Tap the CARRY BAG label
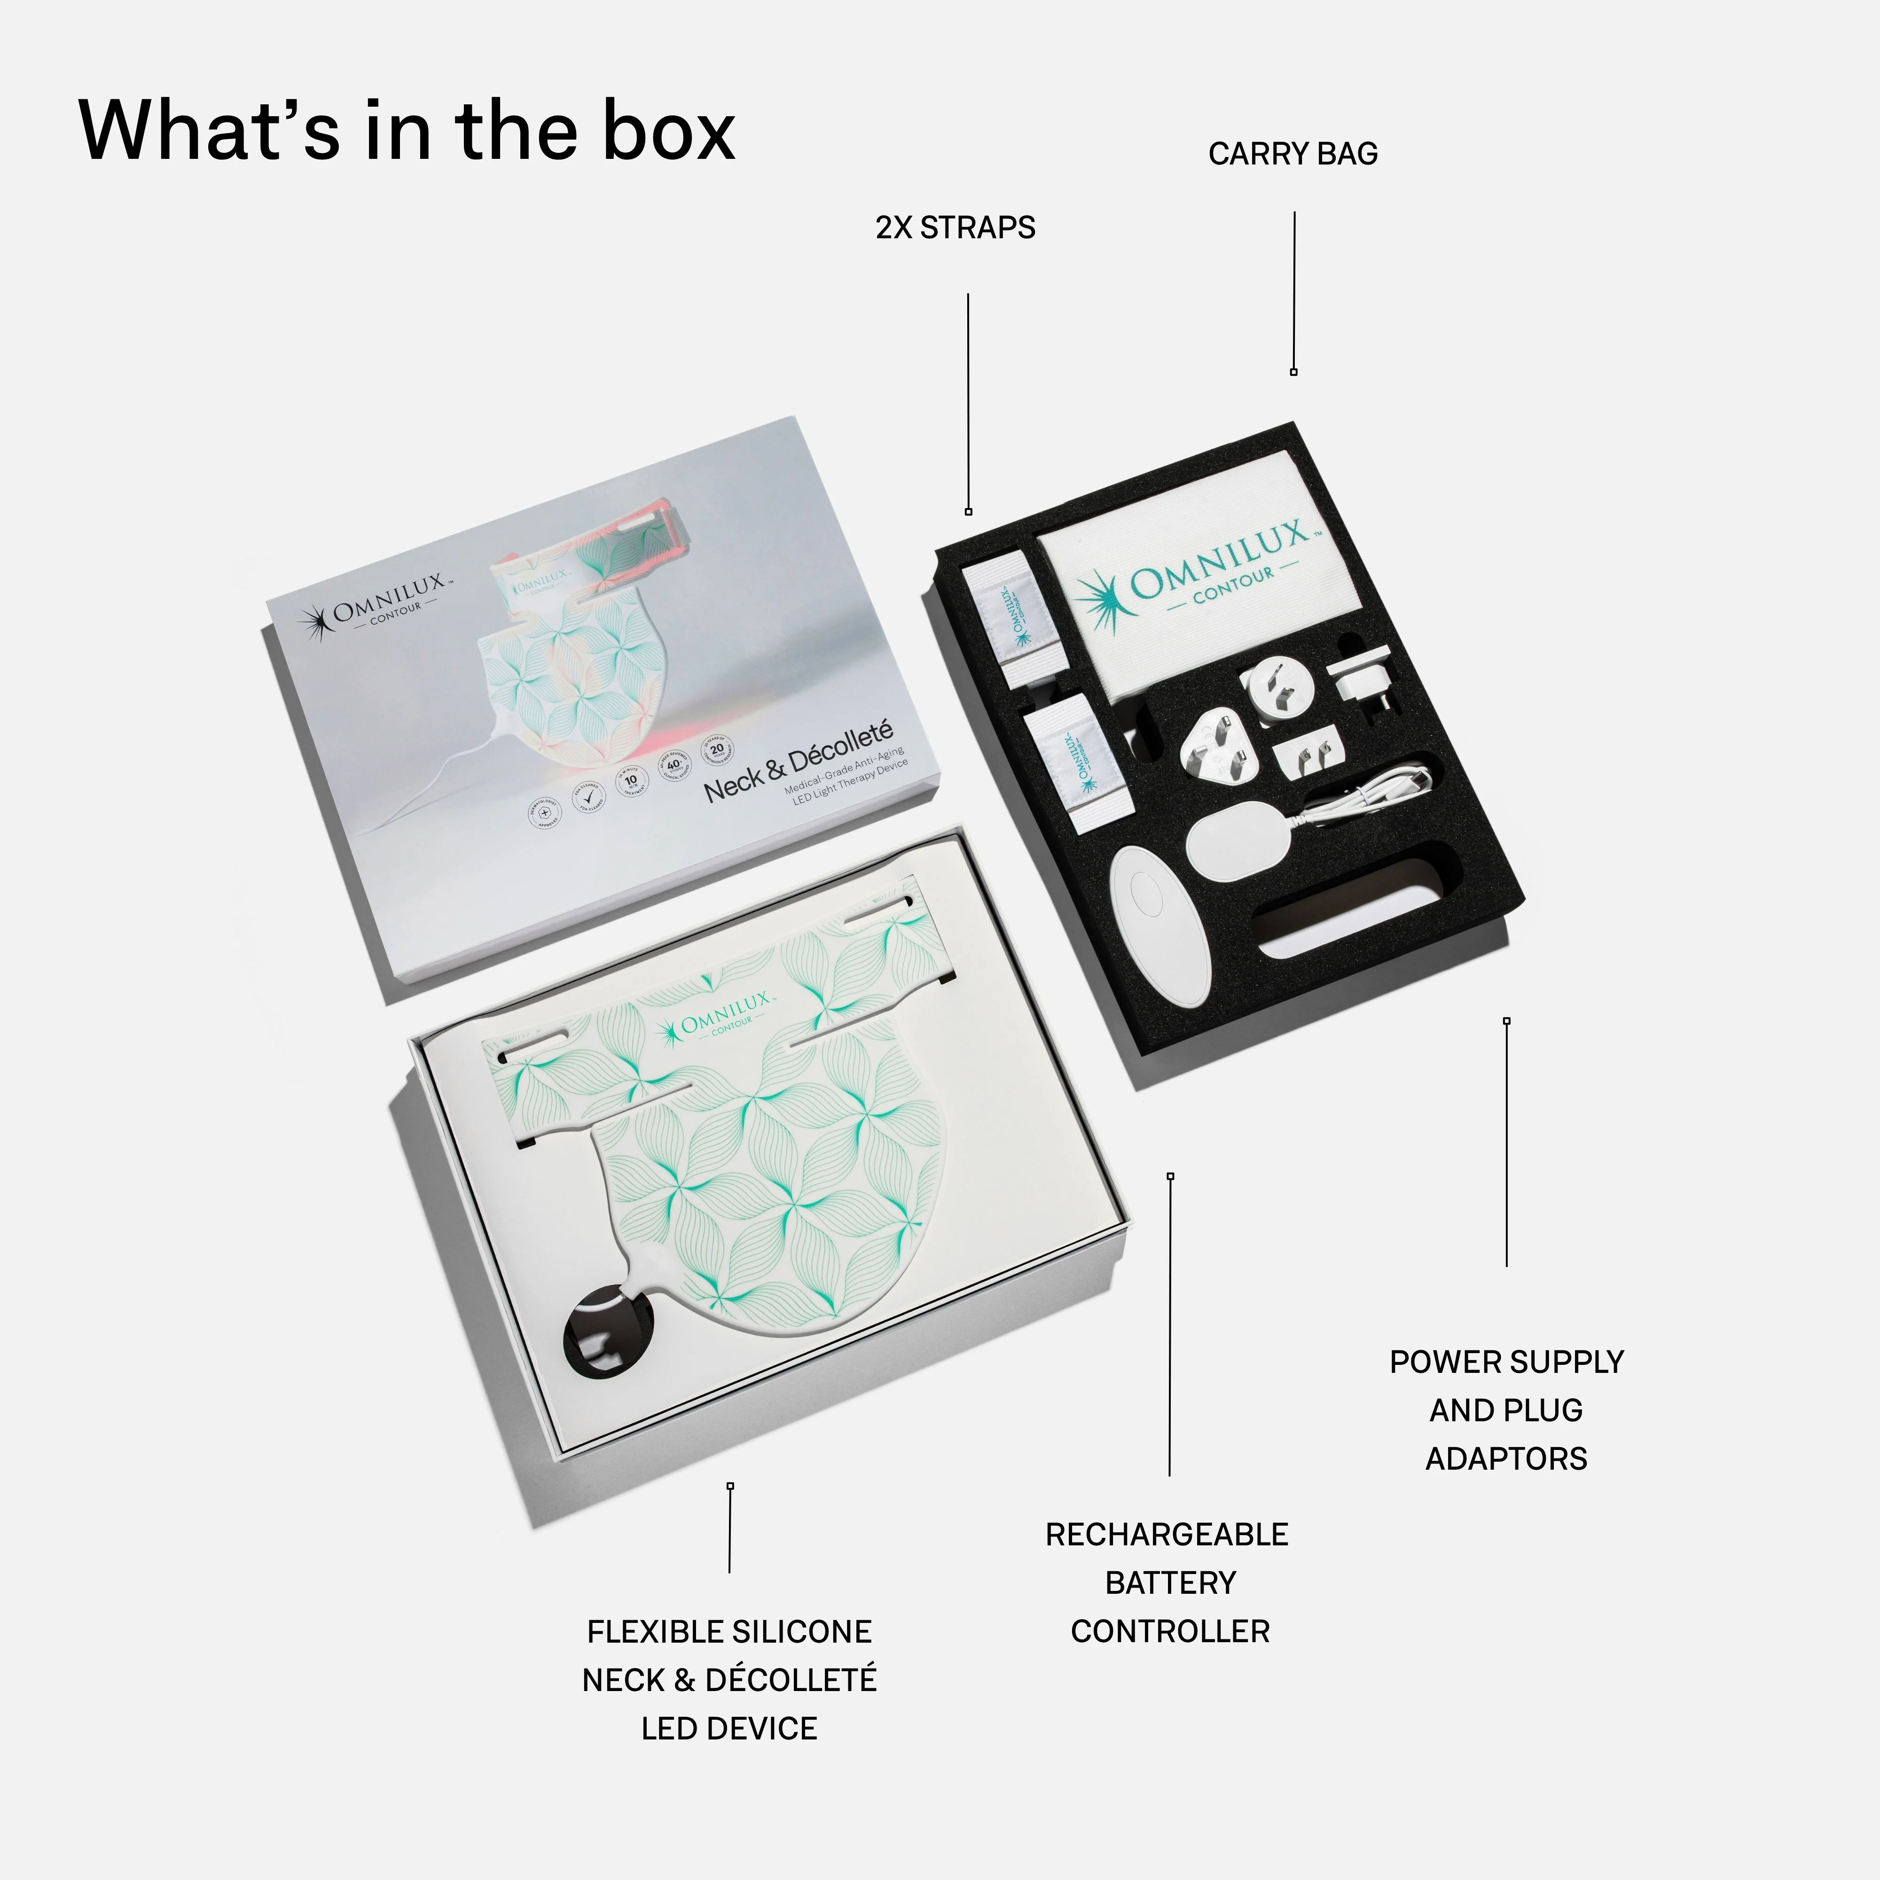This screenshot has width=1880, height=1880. tap(1292, 154)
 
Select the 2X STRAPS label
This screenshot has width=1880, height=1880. tap(955, 227)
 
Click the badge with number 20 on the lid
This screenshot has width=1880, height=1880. tap(717, 749)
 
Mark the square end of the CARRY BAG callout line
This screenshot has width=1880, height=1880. tap(1293, 372)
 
